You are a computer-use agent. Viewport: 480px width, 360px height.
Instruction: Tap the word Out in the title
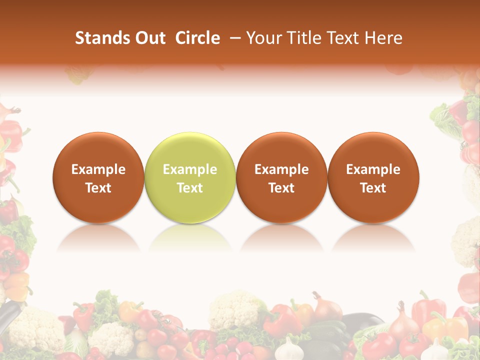[x=148, y=38]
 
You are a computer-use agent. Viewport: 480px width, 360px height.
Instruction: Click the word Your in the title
[x=262, y=38]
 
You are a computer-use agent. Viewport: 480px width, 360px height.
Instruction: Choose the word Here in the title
[x=382, y=38]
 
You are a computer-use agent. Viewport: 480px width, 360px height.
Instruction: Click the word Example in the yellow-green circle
[x=190, y=169]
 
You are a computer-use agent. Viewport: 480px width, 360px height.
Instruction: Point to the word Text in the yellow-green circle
[x=190, y=188]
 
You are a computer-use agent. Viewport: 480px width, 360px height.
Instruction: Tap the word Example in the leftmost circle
[x=98, y=169]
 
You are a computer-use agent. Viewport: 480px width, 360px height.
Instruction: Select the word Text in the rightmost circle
[x=373, y=188]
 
